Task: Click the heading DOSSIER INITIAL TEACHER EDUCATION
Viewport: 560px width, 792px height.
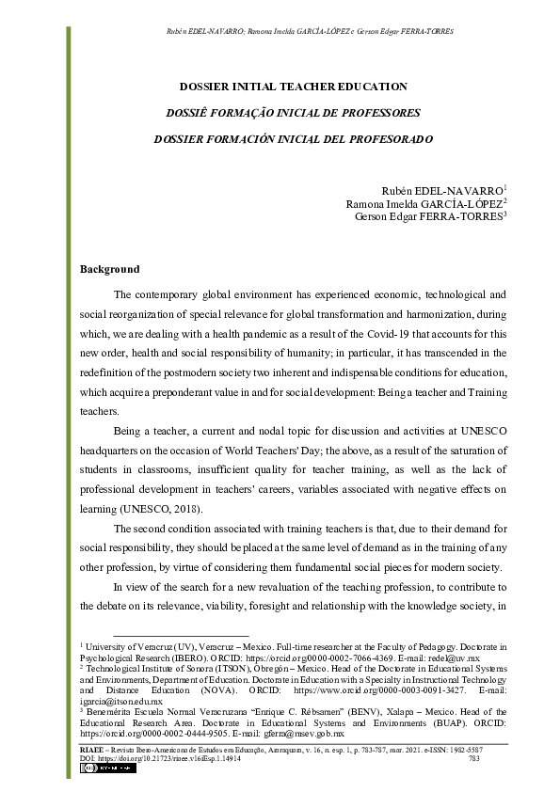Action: pyautogui.click(x=294, y=87)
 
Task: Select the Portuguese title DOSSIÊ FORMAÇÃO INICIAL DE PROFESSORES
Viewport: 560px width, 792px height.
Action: pyautogui.click(x=294, y=113)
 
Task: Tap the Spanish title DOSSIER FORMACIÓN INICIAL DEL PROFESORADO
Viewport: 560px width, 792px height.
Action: pyautogui.click(x=294, y=139)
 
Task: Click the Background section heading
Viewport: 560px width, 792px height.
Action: pyautogui.click(x=110, y=270)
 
